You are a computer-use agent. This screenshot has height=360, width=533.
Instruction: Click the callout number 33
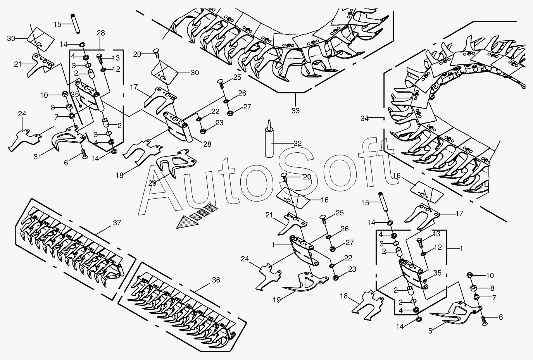[295, 111]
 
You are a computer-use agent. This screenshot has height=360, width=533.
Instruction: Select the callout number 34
[364, 118]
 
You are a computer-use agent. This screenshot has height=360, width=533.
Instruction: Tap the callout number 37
[117, 223]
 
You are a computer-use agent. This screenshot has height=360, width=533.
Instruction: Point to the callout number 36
[216, 280]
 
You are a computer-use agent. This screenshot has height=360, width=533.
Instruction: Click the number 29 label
[152, 183]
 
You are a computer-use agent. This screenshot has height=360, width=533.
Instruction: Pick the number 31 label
[38, 157]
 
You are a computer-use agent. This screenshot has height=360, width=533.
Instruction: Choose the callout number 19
[277, 300]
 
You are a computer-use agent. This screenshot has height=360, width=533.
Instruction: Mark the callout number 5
[430, 331]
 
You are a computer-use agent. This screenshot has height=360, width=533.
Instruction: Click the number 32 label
[298, 143]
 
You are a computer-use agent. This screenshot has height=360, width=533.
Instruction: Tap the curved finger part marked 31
[67, 138]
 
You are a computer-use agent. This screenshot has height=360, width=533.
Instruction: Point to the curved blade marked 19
[307, 284]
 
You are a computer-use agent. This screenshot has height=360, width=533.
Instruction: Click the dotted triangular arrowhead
[188, 222]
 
